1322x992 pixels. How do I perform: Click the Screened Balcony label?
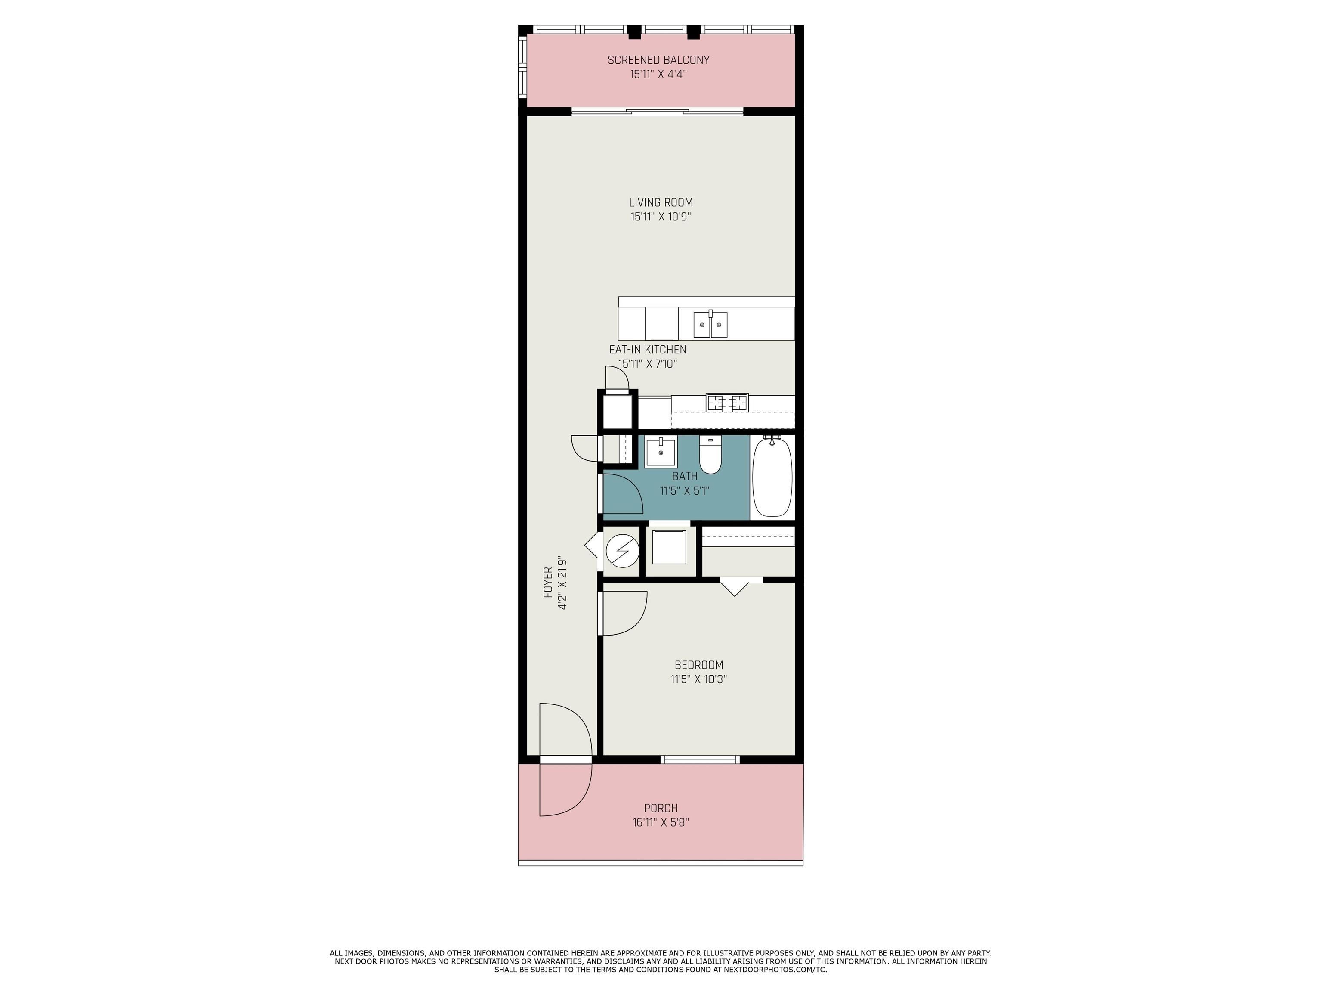click(658, 60)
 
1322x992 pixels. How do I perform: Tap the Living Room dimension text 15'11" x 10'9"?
click(661, 217)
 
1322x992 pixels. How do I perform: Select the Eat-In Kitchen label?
click(648, 350)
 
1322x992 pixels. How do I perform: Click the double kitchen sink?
click(710, 325)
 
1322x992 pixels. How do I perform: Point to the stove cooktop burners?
click(727, 403)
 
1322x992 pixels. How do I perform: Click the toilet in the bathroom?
click(710, 455)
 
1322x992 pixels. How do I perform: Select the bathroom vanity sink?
click(661, 453)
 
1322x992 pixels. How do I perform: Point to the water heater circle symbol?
click(622, 551)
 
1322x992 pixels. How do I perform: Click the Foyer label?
click(547, 583)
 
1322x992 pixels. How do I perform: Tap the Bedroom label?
click(698, 665)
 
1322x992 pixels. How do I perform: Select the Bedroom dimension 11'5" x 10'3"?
click(698, 679)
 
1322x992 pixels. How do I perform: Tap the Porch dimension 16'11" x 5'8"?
click(661, 823)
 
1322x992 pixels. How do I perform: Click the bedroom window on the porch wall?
click(700, 759)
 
